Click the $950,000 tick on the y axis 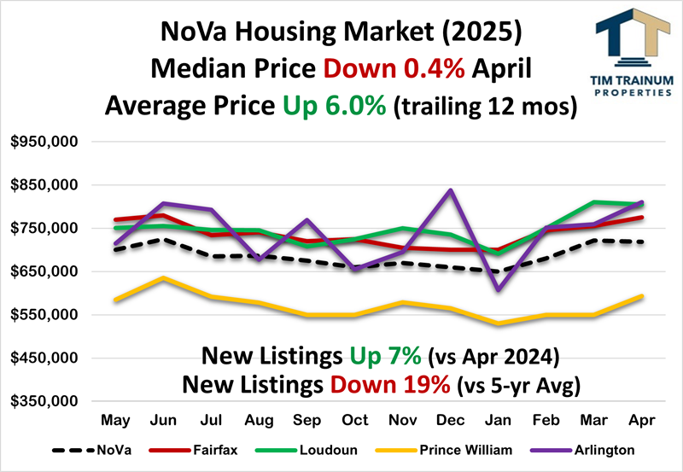pyautogui.click(x=44, y=142)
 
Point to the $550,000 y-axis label pyautogui.click(x=44, y=315)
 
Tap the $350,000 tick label pyautogui.click(x=44, y=401)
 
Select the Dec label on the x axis pyautogui.click(x=450, y=421)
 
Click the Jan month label pyautogui.click(x=498, y=421)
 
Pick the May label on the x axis pyautogui.click(x=114, y=421)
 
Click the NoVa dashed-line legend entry pyautogui.click(x=85, y=451)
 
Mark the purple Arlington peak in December pyautogui.click(x=450, y=190)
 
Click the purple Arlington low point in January pyautogui.click(x=498, y=290)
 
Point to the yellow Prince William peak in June pyautogui.click(x=162, y=278)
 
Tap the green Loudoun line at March pyautogui.click(x=593, y=202)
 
